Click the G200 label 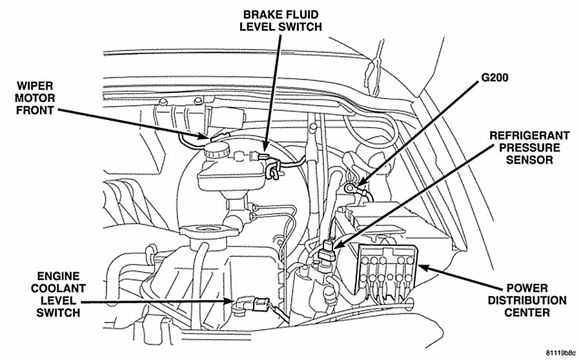coord(494,77)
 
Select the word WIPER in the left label coord(35,86)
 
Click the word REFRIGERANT coord(529,135)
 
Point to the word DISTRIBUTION coord(527,300)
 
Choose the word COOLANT coord(58,288)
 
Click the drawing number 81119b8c coord(560,353)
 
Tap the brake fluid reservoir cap coord(216,149)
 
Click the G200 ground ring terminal coord(349,188)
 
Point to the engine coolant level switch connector coord(260,304)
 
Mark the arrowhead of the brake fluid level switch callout coord(265,148)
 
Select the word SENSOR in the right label coord(529,160)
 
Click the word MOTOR coord(35,98)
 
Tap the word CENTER coord(527,312)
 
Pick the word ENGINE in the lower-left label coord(58,276)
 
